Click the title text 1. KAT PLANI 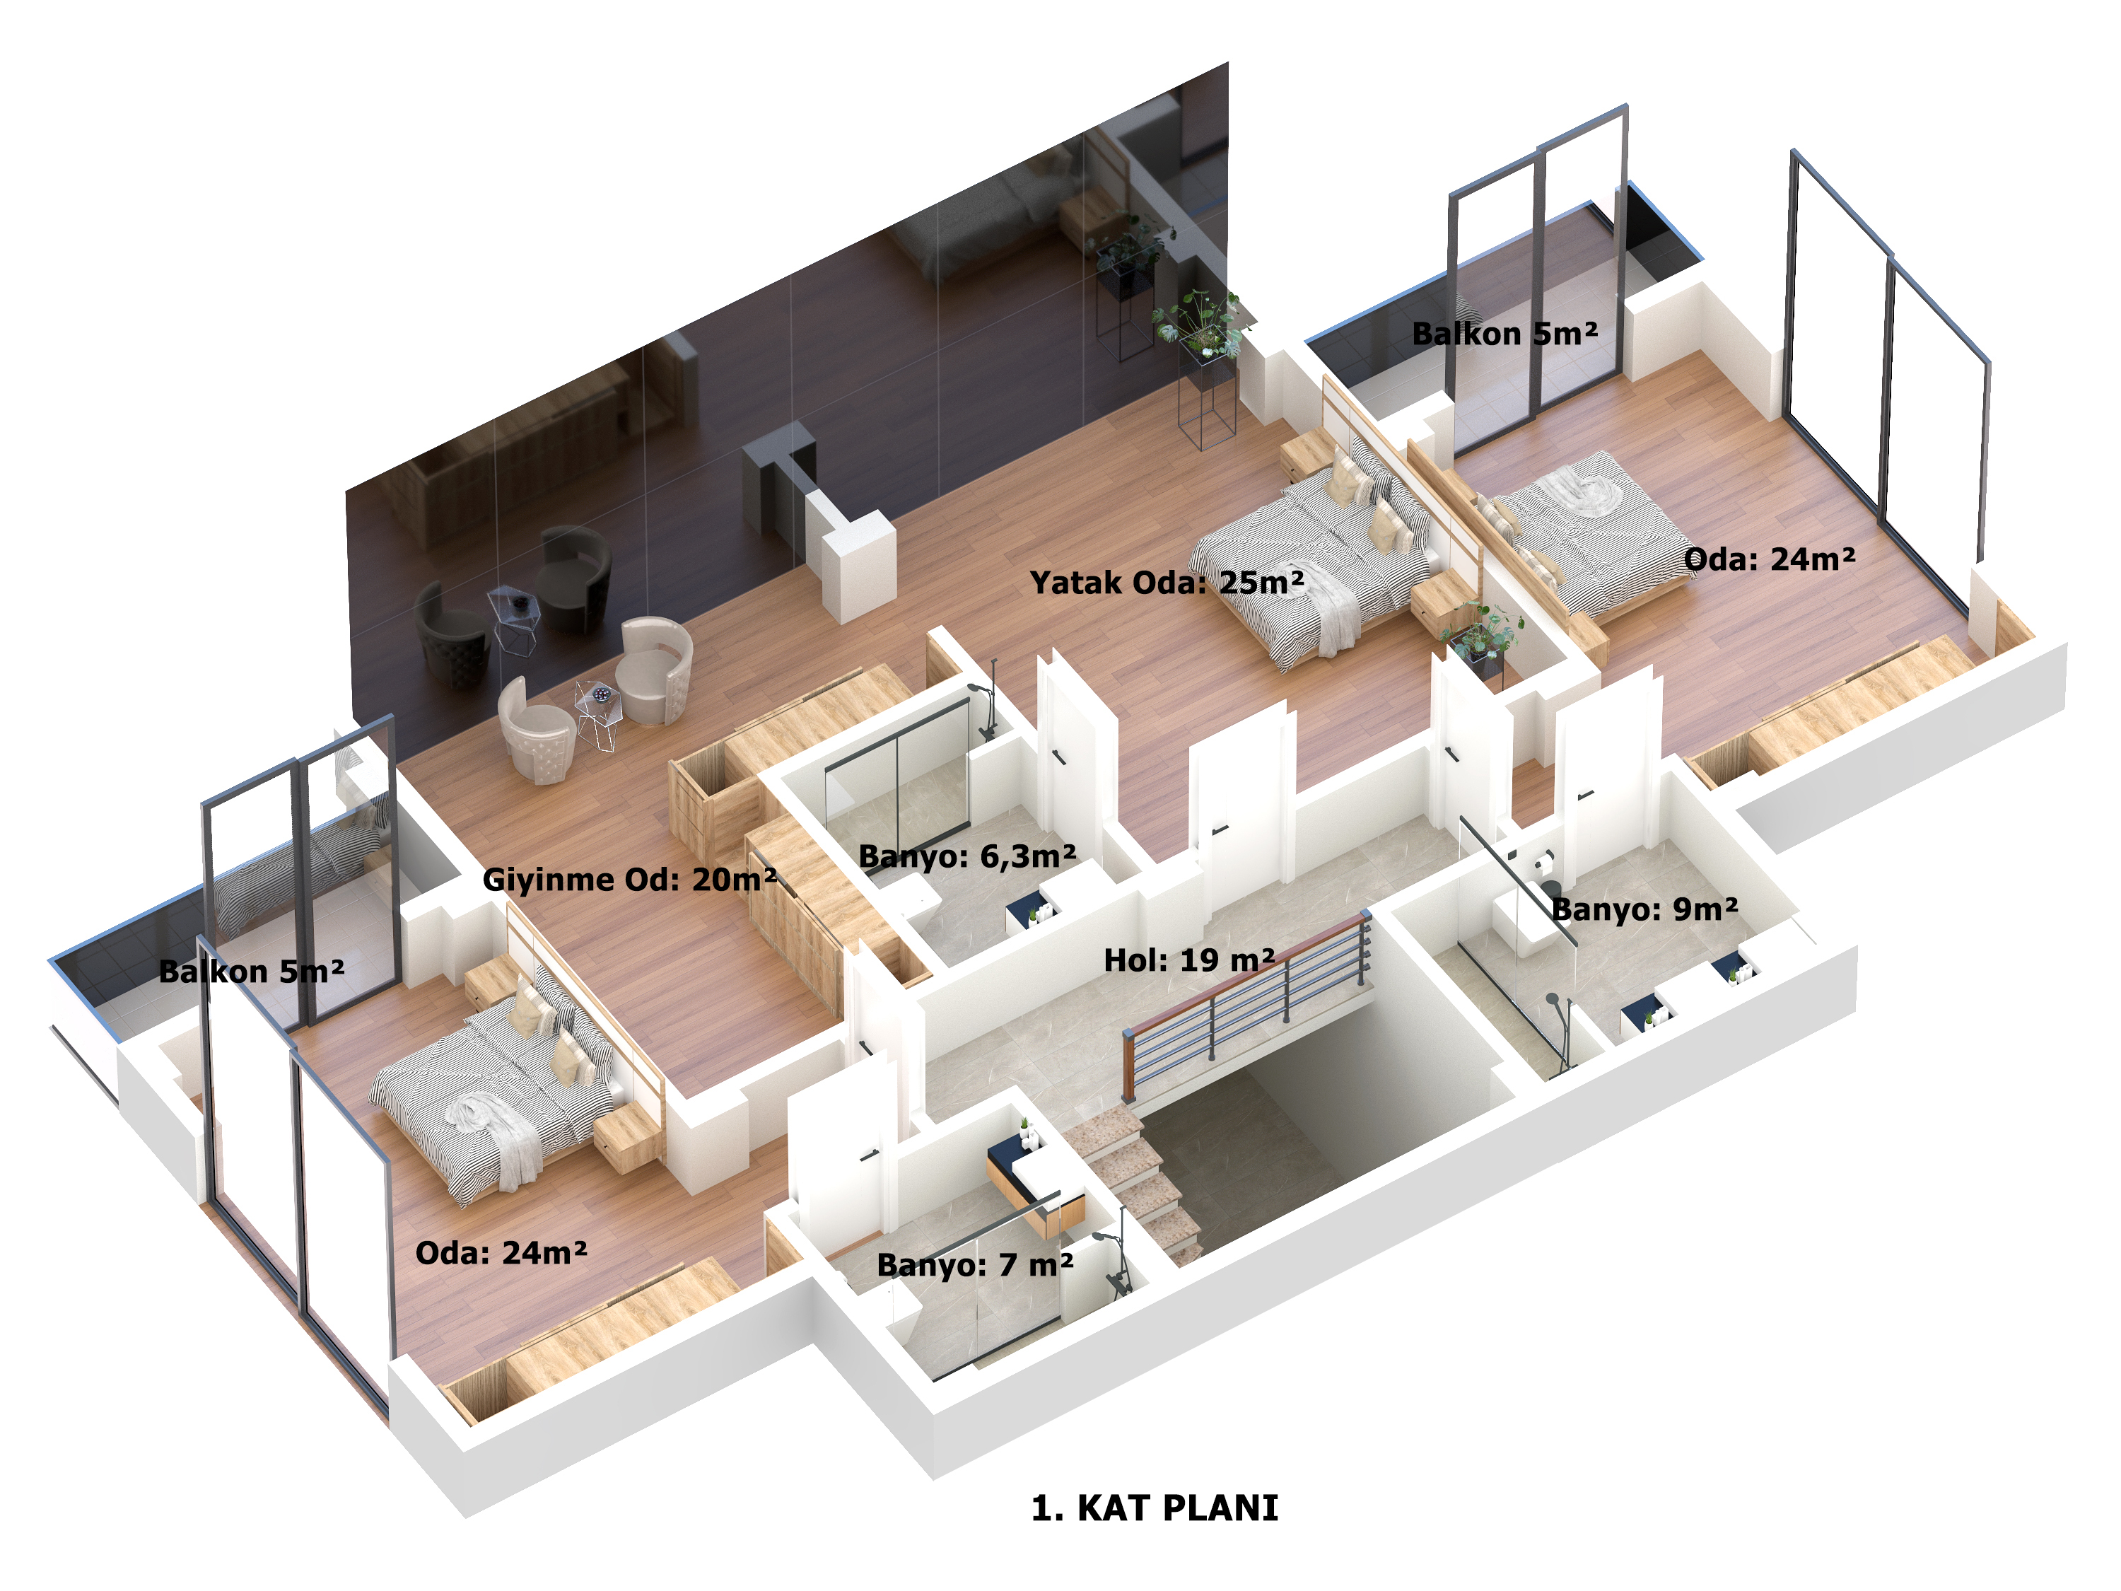(1155, 1508)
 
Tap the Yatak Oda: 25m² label (1167, 582)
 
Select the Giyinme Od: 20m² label (629, 880)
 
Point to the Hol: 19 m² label (1189, 960)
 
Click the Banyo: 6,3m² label (967, 856)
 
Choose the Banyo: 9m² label (1644, 908)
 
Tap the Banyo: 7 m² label (975, 1265)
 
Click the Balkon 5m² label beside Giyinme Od (251, 972)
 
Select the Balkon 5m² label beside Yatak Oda (1505, 334)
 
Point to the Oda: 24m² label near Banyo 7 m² (501, 1252)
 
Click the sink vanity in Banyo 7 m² (1036, 1189)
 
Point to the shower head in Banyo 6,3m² (978, 689)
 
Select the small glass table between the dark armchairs (514, 619)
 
